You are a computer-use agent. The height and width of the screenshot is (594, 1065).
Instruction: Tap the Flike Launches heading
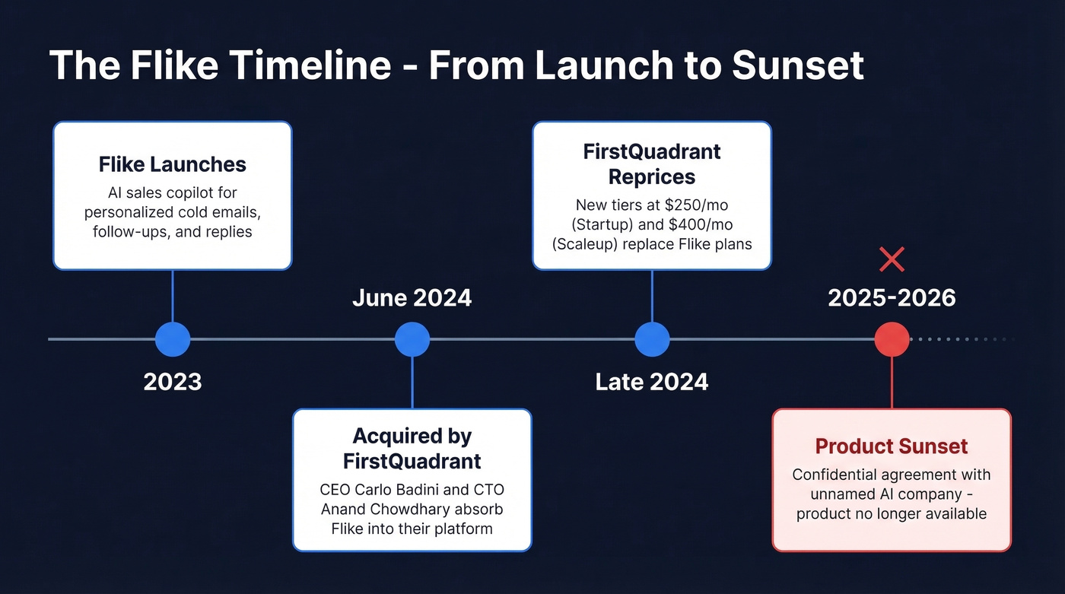point(172,164)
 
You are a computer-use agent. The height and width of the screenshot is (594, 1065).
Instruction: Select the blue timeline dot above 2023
point(173,339)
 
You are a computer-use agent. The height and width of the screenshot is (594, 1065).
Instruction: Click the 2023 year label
point(173,381)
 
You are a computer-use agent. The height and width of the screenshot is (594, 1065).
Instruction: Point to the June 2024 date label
point(412,298)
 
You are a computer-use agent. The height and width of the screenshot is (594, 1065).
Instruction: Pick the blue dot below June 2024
point(412,339)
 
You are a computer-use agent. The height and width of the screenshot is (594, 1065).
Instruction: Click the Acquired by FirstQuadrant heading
point(412,449)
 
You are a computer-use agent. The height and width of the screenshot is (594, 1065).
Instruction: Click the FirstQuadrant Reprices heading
point(652,164)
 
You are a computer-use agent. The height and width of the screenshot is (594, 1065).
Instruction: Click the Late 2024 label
point(652,381)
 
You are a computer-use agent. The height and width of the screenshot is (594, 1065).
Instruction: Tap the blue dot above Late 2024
point(652,339)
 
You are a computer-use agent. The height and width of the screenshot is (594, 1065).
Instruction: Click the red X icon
point(892,259)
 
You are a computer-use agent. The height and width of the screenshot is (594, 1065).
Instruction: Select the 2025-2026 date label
point(892,298)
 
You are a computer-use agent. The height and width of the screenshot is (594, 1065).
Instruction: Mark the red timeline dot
point(892,339)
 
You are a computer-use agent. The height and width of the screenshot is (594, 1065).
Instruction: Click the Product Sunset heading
point(892,446)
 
